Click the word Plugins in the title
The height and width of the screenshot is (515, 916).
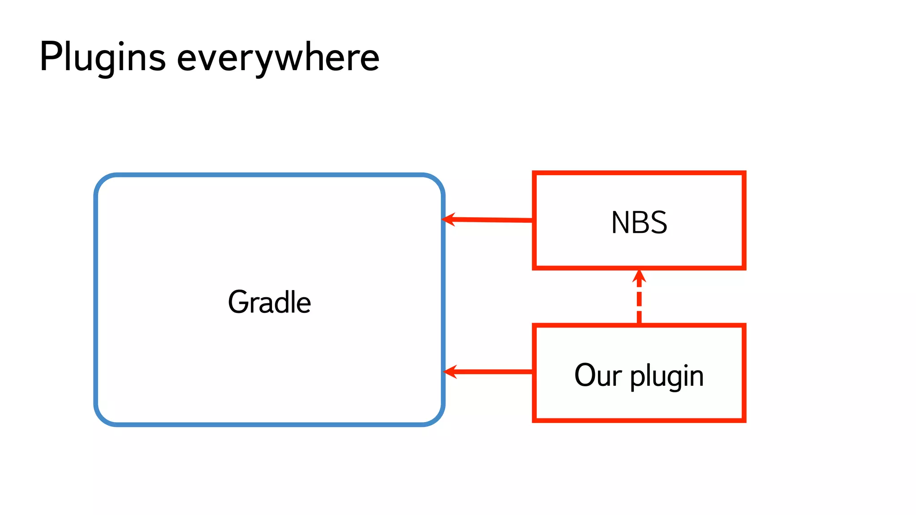coord(102,57)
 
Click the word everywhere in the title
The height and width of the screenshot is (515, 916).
coord(278,58)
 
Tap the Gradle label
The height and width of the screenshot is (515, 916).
coord(269,302)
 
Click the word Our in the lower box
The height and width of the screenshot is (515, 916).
coord(598,375)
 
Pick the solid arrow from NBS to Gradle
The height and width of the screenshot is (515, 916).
coord(492,220)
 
